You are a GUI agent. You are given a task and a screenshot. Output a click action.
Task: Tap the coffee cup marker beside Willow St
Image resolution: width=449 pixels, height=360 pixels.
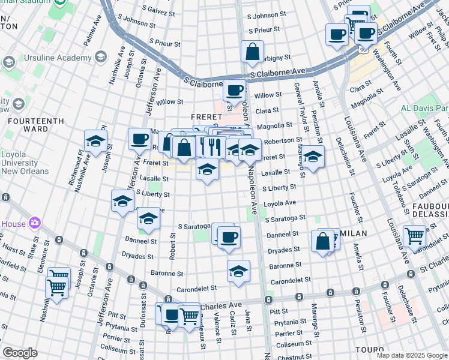point(235,90)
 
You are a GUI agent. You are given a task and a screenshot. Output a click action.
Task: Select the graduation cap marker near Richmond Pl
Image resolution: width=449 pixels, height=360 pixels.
point(95,142)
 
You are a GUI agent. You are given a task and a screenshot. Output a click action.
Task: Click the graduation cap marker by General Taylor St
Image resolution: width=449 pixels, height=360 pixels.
point(313,157)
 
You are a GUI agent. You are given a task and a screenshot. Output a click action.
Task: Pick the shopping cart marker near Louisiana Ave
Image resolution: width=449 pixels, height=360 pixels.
point(414,236)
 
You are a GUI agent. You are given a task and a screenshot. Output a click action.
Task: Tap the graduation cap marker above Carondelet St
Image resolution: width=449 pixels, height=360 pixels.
point(239,271)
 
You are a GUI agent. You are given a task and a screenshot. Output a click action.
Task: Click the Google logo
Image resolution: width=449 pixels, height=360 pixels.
point(20,353)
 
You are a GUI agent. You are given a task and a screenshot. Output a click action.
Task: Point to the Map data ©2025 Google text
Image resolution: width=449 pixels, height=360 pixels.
point(412,355)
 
